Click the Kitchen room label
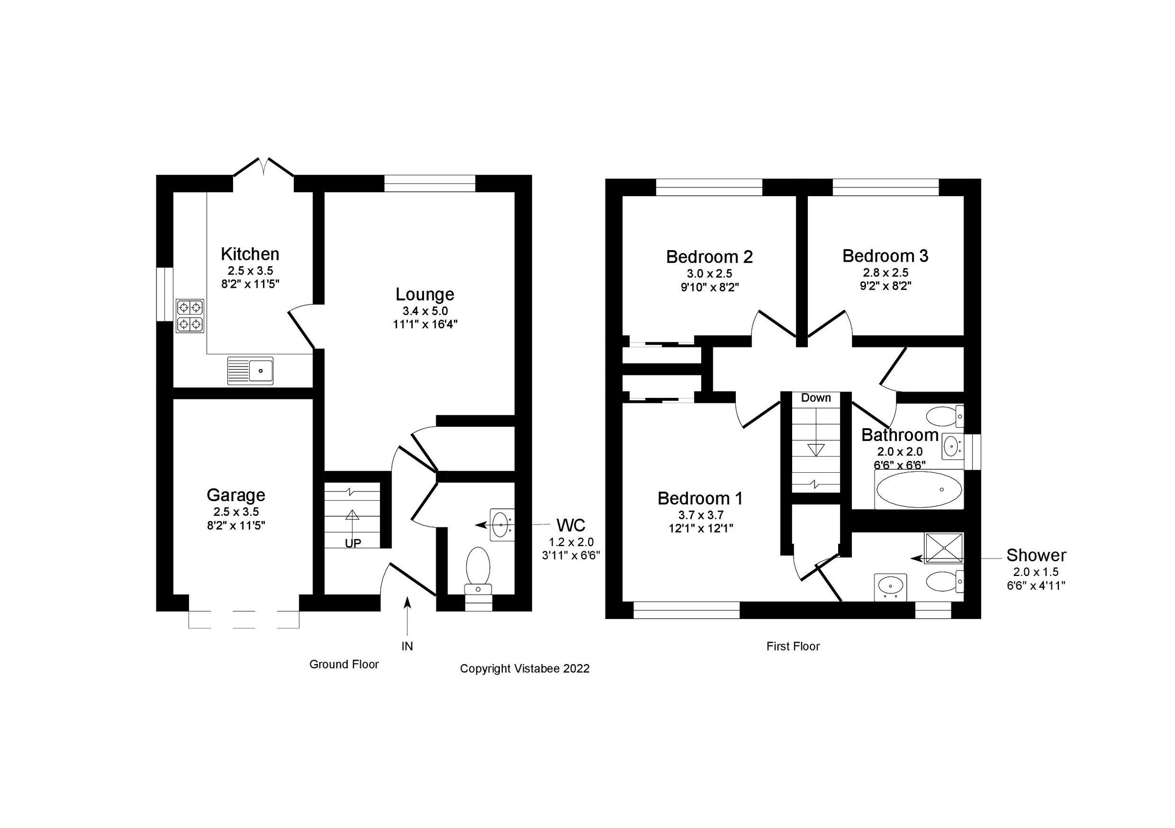point(250,253)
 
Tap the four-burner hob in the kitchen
point(190,316)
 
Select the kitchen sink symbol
point(251,370)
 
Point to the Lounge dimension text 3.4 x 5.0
point(425,311)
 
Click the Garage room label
point(236,495)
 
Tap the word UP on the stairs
point(352,543)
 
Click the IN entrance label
point(407,646)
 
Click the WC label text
point(571,525)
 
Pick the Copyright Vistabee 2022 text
point(524,668)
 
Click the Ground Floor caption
point(344,665)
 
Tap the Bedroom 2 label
point(709,257)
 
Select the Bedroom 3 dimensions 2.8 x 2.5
point(885,273)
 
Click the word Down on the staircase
point(816,398)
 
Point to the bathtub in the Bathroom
point(919,489)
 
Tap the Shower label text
point(1036,555)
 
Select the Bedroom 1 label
point(700,498)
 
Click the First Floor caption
point(793,646)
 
